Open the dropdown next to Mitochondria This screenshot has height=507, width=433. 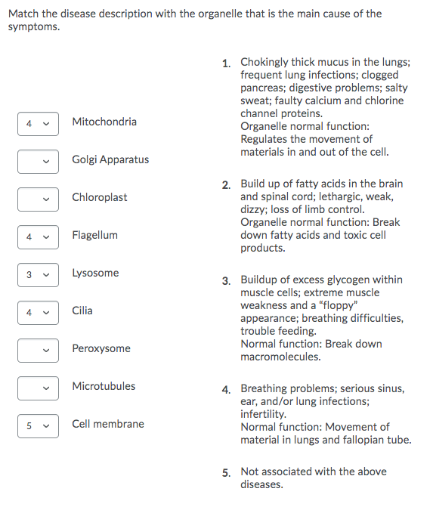click(x=38, y=123)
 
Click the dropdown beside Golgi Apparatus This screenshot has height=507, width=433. click(x=38, y=161)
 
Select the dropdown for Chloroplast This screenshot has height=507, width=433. click(x=38, y=199)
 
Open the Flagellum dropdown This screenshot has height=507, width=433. click(x=38, y=236)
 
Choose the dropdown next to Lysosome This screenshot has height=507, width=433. click(x=38, y=274)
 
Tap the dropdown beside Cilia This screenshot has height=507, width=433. click(x=38, y=312)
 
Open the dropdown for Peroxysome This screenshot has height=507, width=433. click(x=38, y=350)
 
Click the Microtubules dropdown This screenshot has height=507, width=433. click(x=38, y=388)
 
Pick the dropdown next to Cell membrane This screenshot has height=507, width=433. click(x=38, y=425)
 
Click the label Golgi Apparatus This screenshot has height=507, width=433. click(x=110, y=159)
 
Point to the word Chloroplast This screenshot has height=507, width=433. click(x=99, y=197)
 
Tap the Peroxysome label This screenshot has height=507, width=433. click(x=101, y=348)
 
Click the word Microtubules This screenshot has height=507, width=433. click(x=104, y=386)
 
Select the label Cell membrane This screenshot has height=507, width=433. click(x=108, y=424)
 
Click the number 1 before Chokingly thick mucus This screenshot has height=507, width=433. click(x=226, y=63)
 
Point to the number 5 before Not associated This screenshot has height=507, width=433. click(x=226, y=473)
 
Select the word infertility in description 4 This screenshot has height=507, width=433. click(x=263, y=414)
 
